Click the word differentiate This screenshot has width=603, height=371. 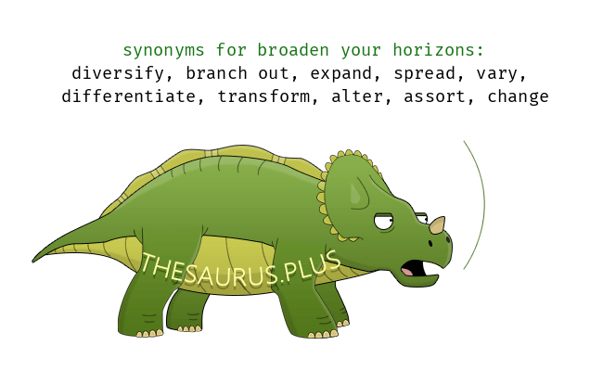click(134, 96)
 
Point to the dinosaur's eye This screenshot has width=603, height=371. click(383, 223)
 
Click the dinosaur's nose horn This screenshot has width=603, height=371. click(437, 224)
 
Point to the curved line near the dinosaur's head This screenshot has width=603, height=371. click(481, 204)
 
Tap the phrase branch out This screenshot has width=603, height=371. click(235, 73)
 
